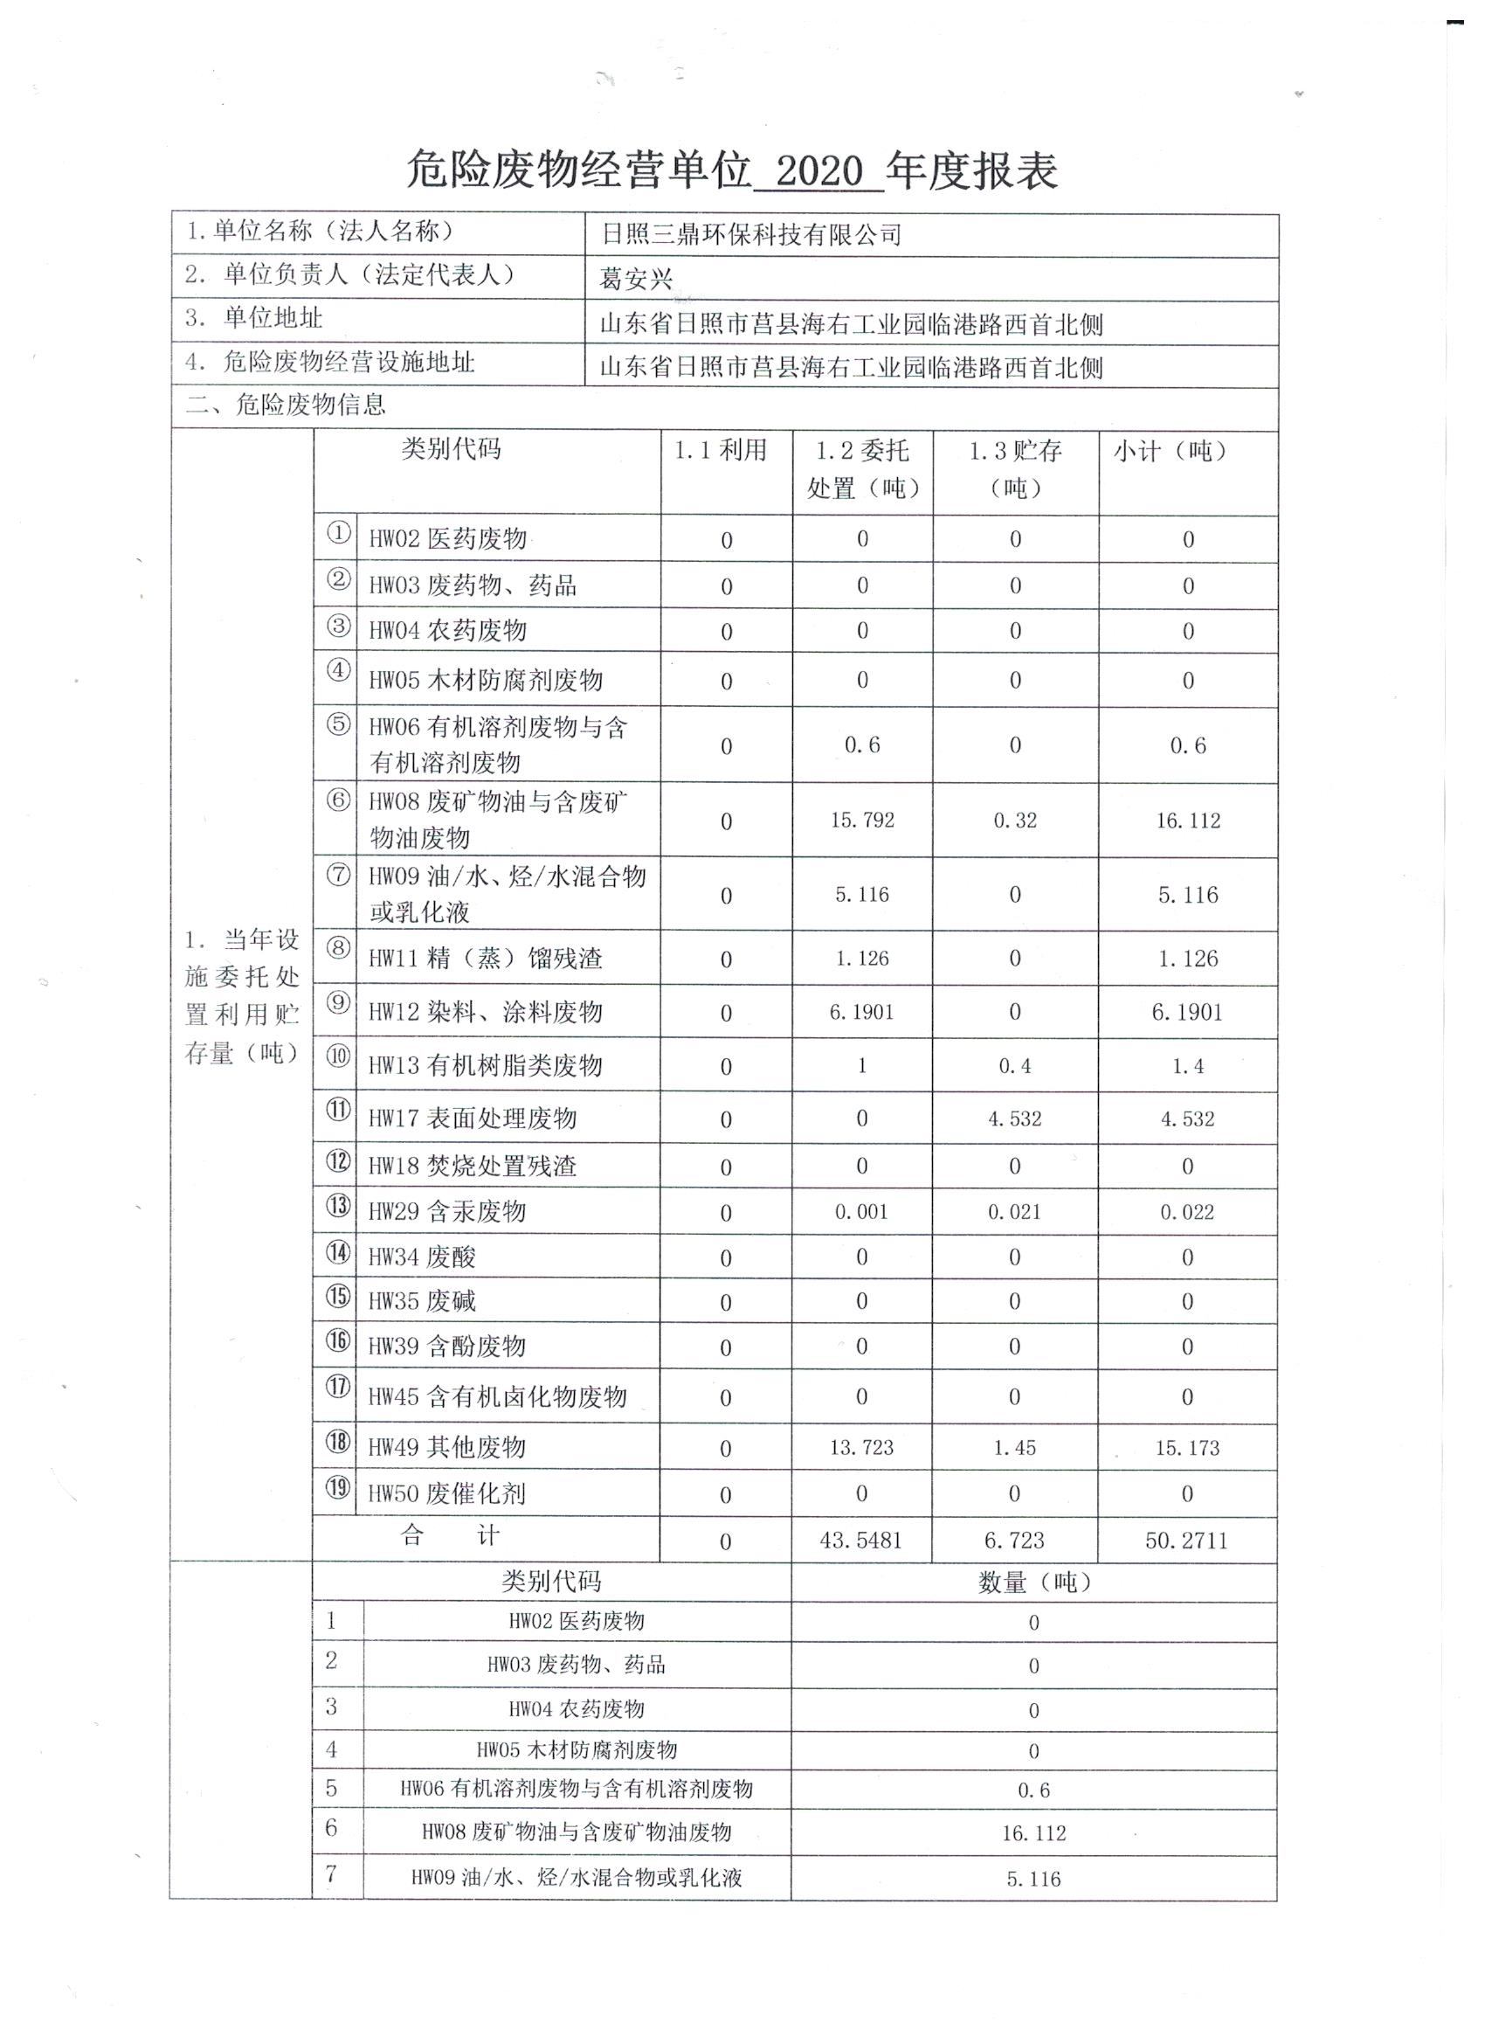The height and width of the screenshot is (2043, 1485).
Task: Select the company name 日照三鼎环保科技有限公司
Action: click(751, 236)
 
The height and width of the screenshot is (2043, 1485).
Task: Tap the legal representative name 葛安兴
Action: click(636, 280)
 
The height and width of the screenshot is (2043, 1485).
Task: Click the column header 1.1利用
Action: click(721, 449)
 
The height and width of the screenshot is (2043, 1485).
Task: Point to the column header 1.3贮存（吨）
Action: click(1015, 468)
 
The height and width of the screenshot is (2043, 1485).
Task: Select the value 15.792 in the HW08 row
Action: click(862, 820)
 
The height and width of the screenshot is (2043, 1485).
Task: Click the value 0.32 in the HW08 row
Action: click(1015, 820)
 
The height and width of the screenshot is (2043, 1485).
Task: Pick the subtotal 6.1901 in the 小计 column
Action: click(1187, 1012)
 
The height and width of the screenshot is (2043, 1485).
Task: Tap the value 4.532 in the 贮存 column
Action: click(1014, 1118)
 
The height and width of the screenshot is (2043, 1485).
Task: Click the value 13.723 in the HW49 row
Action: click(861, 1448)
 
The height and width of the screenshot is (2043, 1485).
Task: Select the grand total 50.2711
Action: click(1186, 1541)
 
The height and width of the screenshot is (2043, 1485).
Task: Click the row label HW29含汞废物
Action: click(446, 1212)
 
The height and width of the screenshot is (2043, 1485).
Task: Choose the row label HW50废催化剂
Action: click(446, 1493)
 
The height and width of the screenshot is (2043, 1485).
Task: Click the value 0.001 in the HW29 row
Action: click(861, 1212)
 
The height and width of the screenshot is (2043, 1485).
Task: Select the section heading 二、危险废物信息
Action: click(286, 405)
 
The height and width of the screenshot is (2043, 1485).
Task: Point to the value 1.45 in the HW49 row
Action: click(1014, 1448)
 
